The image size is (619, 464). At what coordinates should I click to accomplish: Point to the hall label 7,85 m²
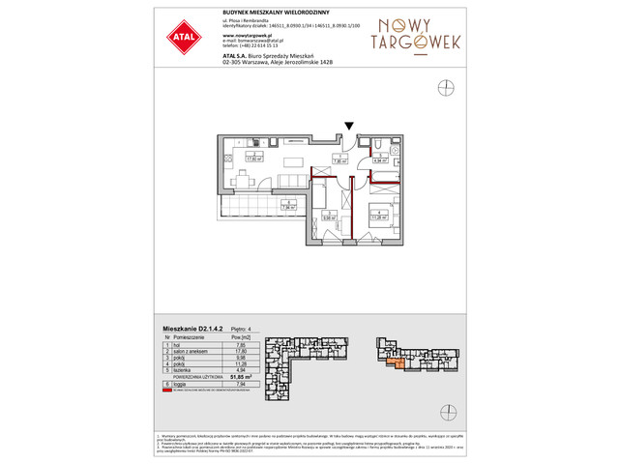click(339, 161)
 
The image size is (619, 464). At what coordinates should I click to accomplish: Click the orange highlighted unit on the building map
click(400, 362)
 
